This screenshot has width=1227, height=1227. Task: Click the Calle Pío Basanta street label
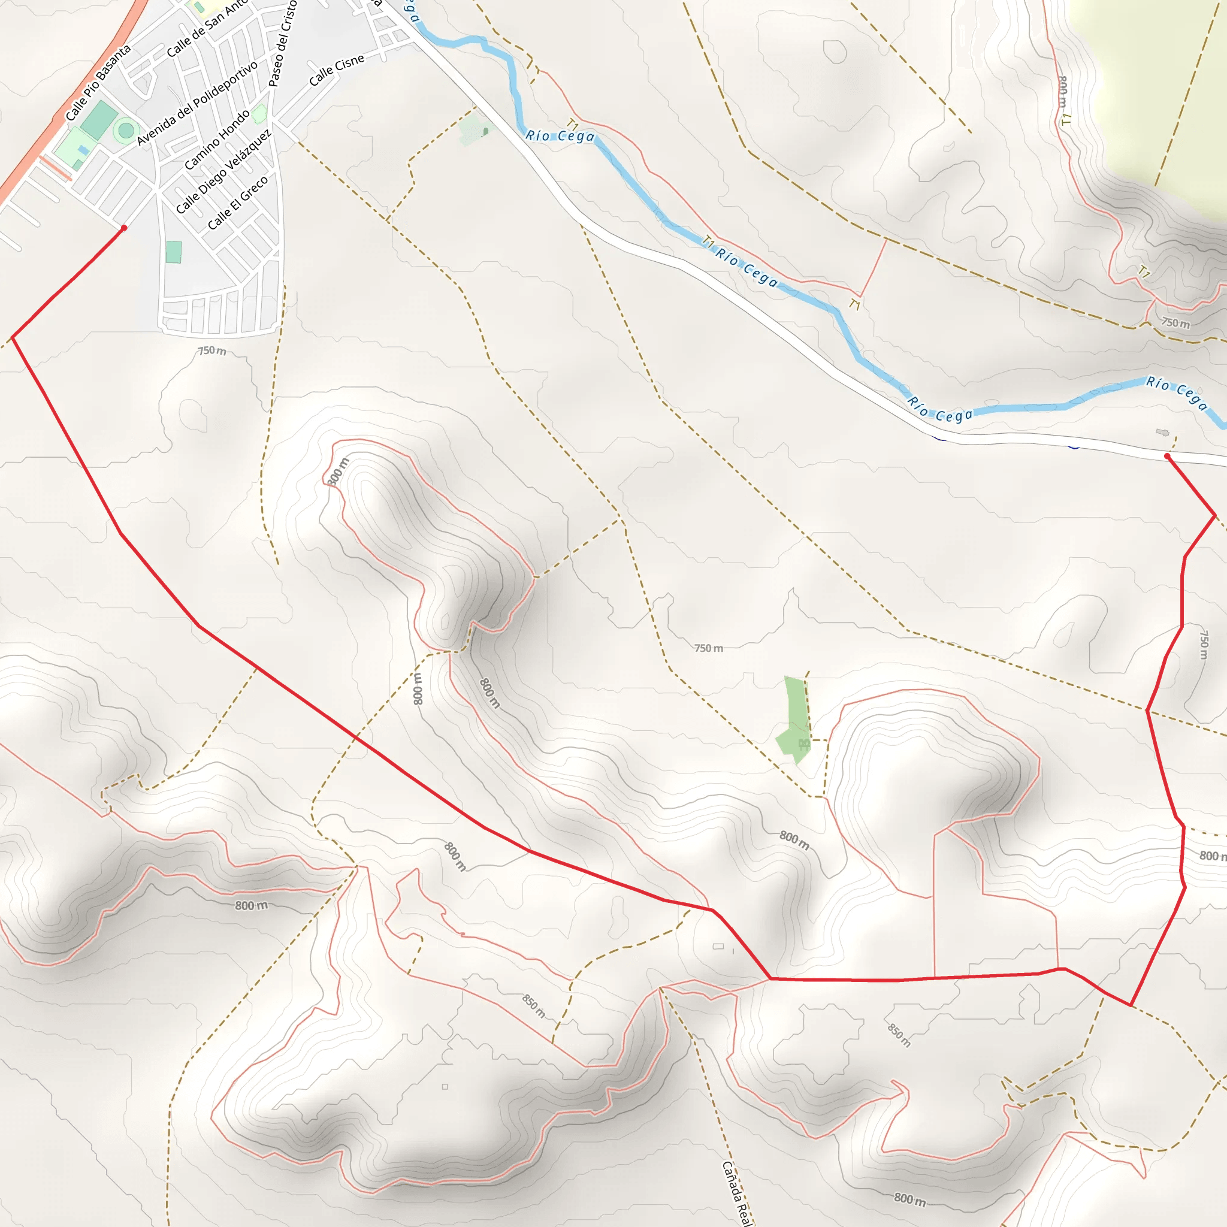[98, 83]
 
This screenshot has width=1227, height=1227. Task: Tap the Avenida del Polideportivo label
[198, 103]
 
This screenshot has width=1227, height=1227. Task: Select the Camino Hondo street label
[217, 140]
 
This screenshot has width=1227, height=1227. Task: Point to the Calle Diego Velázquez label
[223, 171]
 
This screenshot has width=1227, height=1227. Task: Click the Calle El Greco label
[237, 203]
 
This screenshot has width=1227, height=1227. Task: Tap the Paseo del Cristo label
[283, 43]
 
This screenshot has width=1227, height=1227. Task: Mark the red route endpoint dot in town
[124, 227]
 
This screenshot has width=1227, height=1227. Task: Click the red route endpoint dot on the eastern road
[1167, 456]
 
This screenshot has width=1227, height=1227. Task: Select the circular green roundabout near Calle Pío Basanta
[126, 131]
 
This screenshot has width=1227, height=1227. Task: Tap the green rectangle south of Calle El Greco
[173, 252]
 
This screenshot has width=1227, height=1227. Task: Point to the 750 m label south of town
[211, 350]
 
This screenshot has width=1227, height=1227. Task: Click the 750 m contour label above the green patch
[709, 648]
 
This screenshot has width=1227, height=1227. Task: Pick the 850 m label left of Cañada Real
[533, 1005]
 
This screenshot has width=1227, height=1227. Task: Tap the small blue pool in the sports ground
[83, 150]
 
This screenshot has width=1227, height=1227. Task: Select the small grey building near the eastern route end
[1162, 433]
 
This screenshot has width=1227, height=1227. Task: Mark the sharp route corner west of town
[13, 338]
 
